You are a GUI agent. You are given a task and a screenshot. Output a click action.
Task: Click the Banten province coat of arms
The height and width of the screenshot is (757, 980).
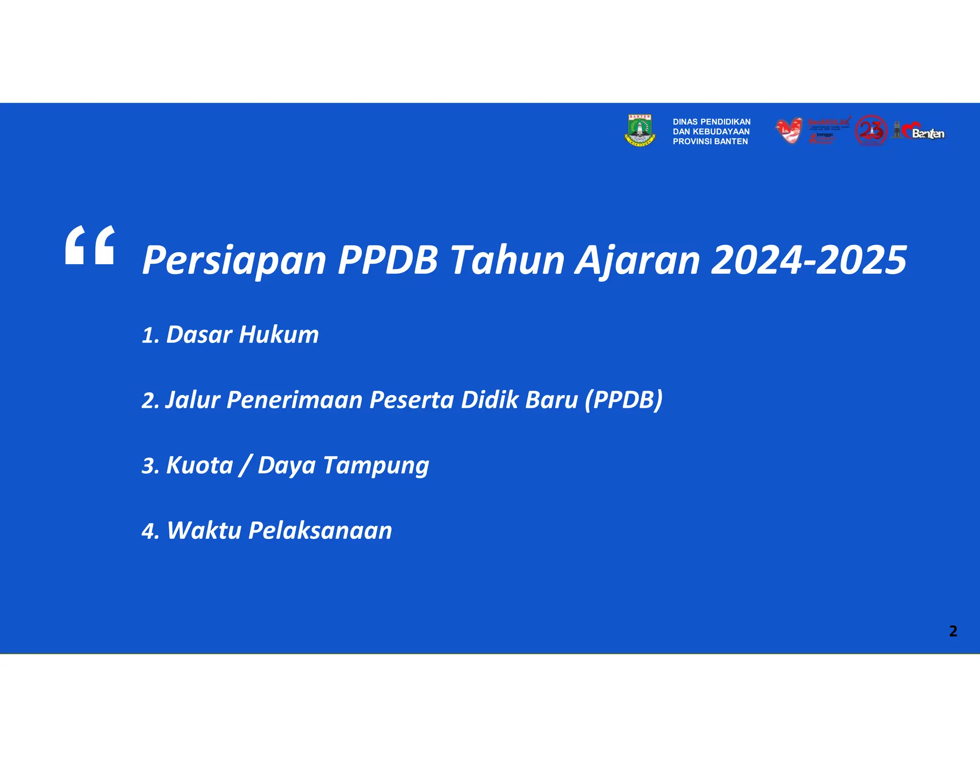[x=640, y=130]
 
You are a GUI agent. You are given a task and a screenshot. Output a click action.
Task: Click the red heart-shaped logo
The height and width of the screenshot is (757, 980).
[x=789, y=130]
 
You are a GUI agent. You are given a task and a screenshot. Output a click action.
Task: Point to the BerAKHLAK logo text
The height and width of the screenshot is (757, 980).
[x=829, y=122]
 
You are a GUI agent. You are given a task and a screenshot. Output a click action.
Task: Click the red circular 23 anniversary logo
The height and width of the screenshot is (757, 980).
[x=871, y=130]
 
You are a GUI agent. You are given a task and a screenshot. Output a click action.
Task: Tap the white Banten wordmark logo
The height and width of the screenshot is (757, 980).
[x=927, y=134]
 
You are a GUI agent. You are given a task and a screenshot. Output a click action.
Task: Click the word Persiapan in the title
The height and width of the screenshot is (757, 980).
[x=234, y=261]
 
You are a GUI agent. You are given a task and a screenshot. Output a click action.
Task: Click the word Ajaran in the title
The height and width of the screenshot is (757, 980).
[x=637, y=261]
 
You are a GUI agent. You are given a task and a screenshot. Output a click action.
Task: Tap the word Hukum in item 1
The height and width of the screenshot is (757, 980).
[x=278, y=334]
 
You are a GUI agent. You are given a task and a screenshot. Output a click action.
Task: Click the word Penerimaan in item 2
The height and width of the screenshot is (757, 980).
[x=294, y=400]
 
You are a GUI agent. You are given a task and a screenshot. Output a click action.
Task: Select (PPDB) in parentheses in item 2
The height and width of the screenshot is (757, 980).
[x=624, y=400]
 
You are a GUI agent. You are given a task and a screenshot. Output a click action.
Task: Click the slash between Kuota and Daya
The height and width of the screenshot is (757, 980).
[x=245, y=466]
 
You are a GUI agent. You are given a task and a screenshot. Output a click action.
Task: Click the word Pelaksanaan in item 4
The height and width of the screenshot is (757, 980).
[x=320, y=531]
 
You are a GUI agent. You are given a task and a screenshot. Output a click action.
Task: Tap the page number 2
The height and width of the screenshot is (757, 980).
[x=953, y=631]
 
